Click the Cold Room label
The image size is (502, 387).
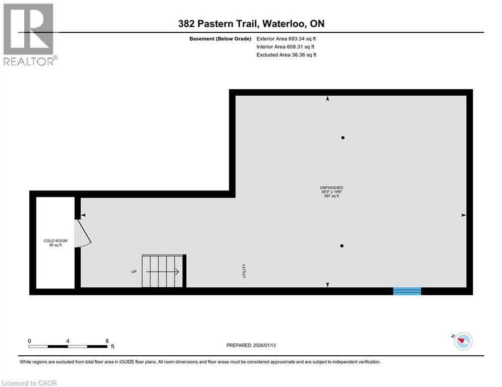coord(55,243)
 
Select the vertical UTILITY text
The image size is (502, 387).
coord(244,271)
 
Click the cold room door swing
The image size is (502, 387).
coord(83,235)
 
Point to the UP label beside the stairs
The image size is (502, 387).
coord(134,272)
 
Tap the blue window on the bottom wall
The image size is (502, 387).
coord(407,291)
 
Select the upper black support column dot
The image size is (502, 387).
coord(343,138)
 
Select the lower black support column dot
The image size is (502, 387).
coord(342,246)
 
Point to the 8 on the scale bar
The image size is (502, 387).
coord(107,341)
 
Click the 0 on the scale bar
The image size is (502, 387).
coord(30,341)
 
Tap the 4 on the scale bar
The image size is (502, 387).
coord(68,341)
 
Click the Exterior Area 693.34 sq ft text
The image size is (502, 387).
coord(287,38)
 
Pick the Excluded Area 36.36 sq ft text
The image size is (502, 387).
coord(287,55)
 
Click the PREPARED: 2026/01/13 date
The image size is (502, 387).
coord(251,345)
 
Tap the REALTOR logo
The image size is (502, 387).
coord(29,35)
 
